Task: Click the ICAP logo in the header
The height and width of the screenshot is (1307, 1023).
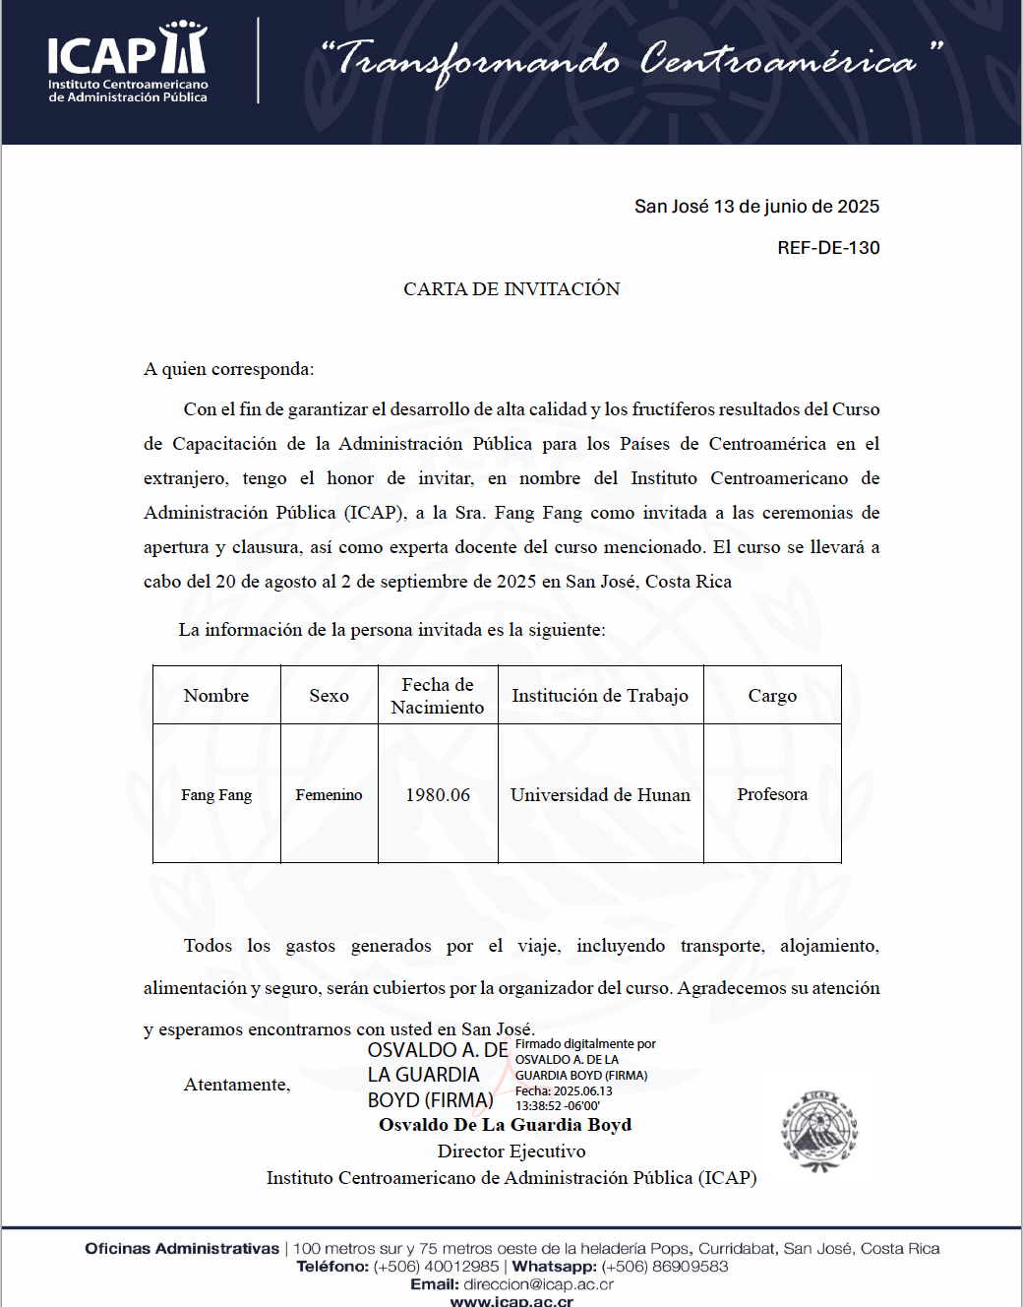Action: click(x=128, y=61)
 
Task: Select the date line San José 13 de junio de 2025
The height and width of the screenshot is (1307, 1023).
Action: click(x=756, y=207)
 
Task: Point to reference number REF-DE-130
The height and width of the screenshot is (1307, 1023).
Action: click(x=828, y=248)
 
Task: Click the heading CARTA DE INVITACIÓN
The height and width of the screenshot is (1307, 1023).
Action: click(x=511, y=289)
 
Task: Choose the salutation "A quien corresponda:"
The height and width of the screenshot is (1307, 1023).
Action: click(x=229, y=369)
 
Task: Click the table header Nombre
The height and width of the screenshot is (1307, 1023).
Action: click(x=216, y=696)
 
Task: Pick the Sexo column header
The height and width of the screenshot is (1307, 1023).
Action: click(x=329, y=696)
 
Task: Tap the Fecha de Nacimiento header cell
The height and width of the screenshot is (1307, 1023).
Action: click(x=438, y=696)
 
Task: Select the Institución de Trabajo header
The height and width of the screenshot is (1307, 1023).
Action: click(x=600, y=696)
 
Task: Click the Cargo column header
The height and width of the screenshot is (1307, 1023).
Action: click(x=772, y=696)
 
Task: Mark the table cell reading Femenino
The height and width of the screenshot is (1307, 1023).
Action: click(x=329, y=794)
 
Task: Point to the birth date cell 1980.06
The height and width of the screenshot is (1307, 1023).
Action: click(x=438, y=794)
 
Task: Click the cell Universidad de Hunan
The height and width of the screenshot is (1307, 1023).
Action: click(x=600, y=794)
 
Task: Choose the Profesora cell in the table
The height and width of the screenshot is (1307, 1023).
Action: click(x=772, y=794)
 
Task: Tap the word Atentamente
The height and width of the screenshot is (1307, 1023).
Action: click(x=237, y=1085)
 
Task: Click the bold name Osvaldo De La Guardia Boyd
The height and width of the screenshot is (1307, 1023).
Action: click(x=505, y=1125)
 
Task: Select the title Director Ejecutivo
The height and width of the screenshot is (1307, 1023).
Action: click(x=511, y=1151)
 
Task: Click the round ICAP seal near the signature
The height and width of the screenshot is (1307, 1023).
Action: click(x=819, y=1132)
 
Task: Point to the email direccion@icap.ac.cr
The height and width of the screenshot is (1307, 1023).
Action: click(x=538, y=1284)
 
